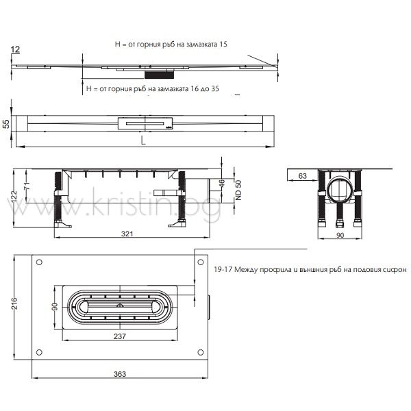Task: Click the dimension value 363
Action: point(120,374)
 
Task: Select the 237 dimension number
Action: point(120,336)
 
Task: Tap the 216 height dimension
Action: point(14,303)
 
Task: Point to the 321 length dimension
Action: point(127,234)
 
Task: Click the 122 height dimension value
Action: point(14,197)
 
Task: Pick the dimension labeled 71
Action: point(27,186)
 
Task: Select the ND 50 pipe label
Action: point(238,190)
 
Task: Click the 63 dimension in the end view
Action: point(303,176)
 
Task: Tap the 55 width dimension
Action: point(6,124)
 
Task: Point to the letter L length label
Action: point(143,140)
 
